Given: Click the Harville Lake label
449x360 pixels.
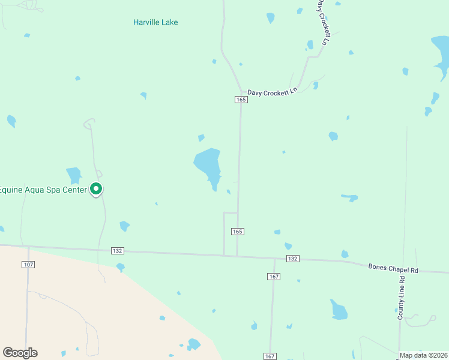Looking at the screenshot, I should click(155, 23).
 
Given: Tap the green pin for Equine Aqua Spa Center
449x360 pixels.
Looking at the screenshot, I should click(96, 189).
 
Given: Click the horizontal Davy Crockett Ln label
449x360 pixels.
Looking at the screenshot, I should click(273, 91).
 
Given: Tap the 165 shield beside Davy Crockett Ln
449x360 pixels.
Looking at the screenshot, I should click(241, 100).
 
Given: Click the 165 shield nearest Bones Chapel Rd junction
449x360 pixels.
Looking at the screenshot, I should click(238, 232).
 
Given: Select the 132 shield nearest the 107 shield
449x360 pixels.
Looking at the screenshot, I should click(118, 251).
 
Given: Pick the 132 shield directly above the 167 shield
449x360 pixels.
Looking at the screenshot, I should click(292, 259).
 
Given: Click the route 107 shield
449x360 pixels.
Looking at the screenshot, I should click(28, 265).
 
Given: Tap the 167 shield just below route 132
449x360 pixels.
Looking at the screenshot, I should click(274, 276).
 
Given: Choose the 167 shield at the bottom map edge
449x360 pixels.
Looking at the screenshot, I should click(270, 356).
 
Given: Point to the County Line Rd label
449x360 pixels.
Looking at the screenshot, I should click(401, 297).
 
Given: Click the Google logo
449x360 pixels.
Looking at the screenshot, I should click(20, 353).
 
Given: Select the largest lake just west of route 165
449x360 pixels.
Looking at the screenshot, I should click(208, 164).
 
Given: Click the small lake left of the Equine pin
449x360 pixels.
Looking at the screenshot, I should click(74, 175).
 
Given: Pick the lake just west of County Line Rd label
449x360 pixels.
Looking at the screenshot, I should click(339, 310).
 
